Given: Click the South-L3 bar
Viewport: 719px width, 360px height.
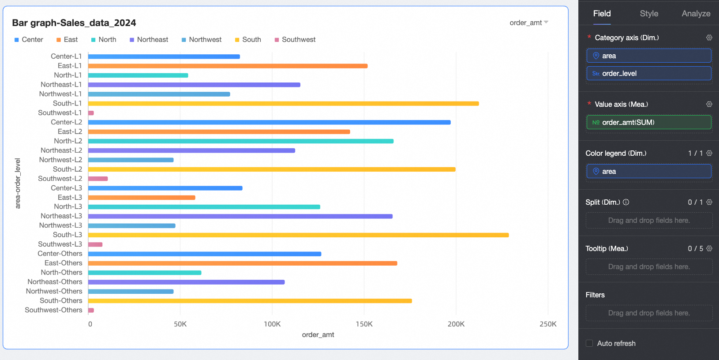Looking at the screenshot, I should tap(298, 235).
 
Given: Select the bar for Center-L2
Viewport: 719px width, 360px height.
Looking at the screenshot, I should tap(269, 122).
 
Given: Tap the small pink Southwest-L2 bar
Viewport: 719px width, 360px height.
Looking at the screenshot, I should tap(98, 179).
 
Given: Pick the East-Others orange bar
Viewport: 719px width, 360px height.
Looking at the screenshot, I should tap(243, 263).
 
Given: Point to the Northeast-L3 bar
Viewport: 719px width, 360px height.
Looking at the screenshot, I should tap(240, 216).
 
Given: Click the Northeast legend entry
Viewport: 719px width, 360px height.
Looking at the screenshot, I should tap(149, 40).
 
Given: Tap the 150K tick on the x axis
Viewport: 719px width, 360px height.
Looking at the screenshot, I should tap(364, 324).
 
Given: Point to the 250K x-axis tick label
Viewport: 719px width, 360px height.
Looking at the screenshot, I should tap(548, 324).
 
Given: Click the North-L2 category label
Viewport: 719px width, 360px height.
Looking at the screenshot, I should tap(68, 141).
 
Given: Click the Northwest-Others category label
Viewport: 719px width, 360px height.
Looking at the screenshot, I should tap(54, 291).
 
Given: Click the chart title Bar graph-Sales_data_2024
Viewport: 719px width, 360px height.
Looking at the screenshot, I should tap(74, 23).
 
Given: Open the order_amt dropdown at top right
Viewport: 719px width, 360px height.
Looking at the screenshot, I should tap(528, 23).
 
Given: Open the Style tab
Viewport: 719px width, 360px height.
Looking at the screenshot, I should tap(649, 14).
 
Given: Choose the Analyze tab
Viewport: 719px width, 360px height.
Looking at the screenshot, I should tap(696, 14).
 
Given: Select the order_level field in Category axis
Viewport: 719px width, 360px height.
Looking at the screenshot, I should tap(648, 74).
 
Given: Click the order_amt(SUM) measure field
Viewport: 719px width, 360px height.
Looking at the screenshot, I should tap(648, 122).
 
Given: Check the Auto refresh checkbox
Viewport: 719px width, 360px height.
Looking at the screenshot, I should tap(589, 343).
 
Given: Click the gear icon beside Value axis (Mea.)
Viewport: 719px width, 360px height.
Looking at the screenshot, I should tap(709, 104).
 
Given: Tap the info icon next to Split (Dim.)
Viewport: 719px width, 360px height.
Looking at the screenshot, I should tap(626, 202).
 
